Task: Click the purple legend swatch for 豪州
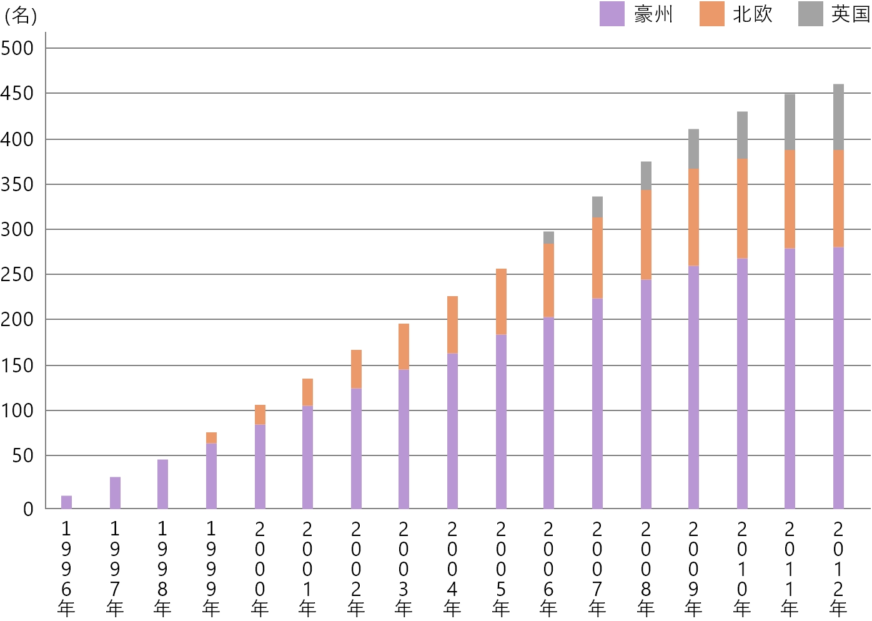[612, 14]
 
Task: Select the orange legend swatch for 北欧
[711, 14]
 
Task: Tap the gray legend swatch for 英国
[810, 14]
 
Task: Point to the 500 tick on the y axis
[17, 48]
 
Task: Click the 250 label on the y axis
[17, 274]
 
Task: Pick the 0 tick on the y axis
[28, 509]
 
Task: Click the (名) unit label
[21, 15]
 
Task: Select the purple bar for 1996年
[66, 502]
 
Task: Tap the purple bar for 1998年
[162, 484]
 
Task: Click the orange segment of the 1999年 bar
[211, 438]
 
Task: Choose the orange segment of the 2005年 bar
[501, 302]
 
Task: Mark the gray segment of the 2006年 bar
[548, 238]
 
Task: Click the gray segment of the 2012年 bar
[838, 117]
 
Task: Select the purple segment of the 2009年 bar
[693, 387]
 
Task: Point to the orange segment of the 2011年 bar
[790, 199]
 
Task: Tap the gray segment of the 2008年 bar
[646, 176]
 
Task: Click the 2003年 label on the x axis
[404, 569]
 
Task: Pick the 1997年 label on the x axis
[115, 569]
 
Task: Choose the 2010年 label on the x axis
[742, 569]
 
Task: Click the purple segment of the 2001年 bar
[307, 457]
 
